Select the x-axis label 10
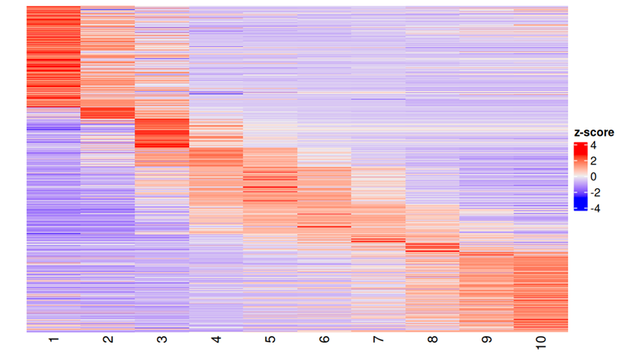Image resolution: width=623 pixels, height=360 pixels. pos(540,343)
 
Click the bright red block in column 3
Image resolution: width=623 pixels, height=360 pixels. pos(161,134)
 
